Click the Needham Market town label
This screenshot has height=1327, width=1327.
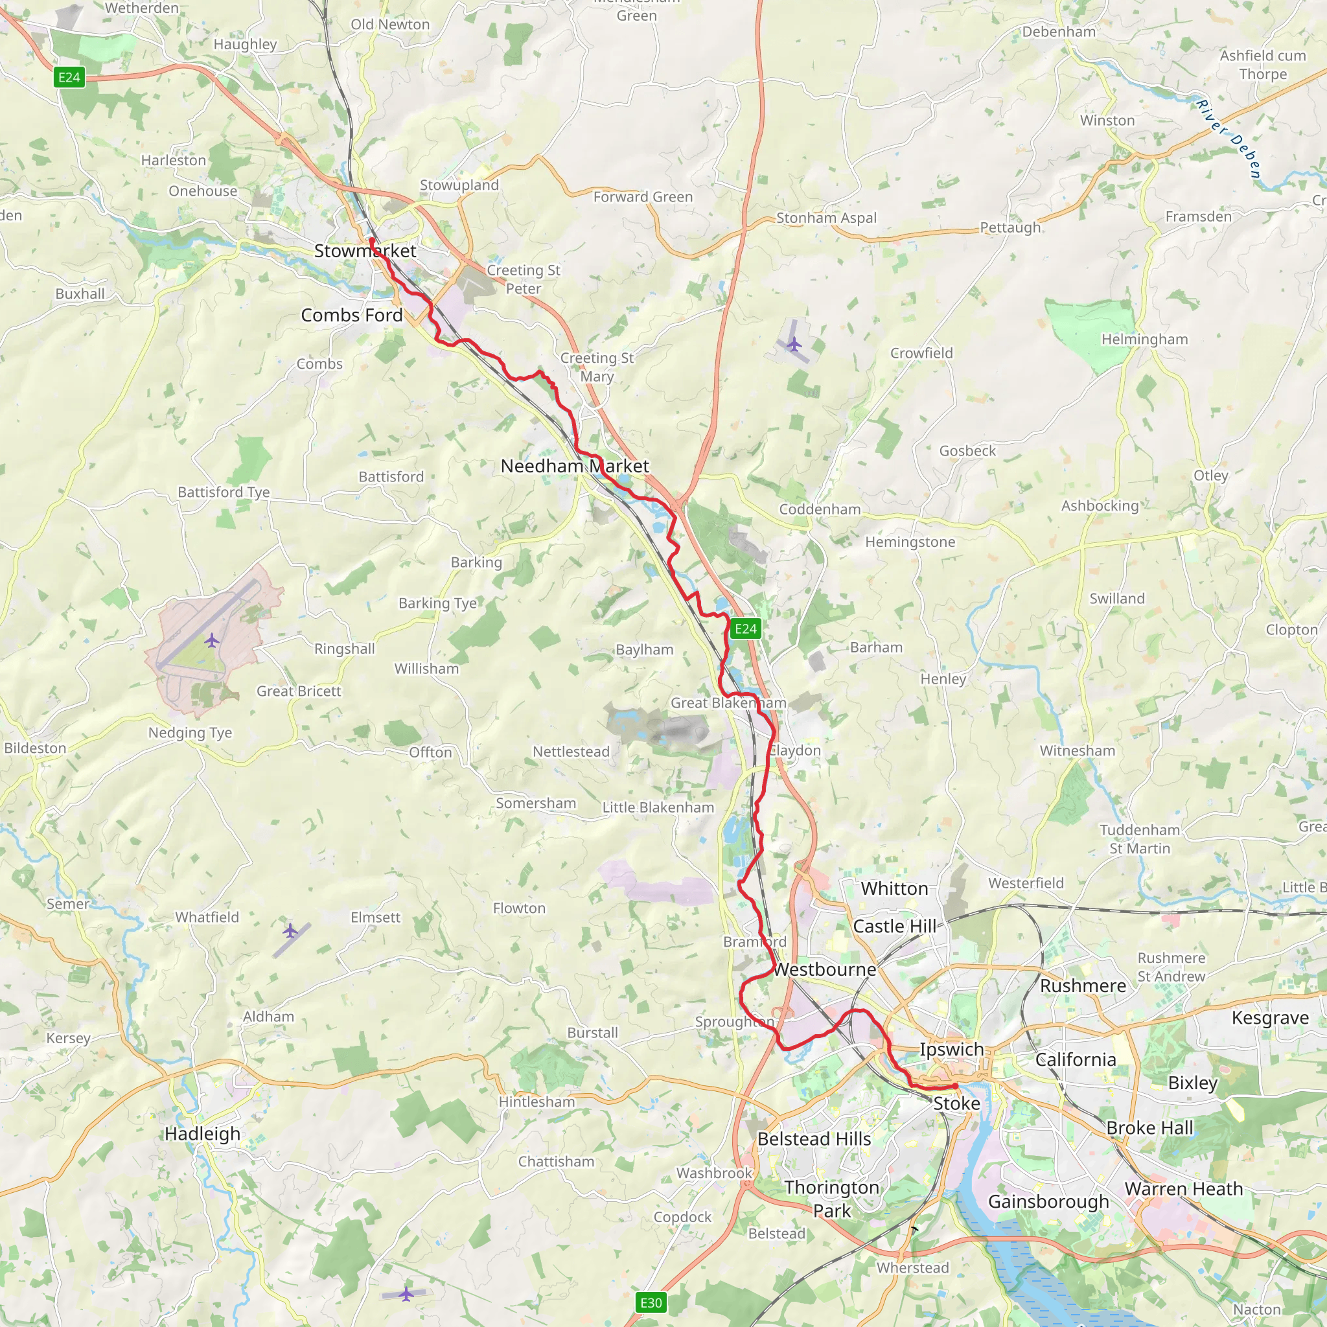pyautogui.click(x=574, y=466)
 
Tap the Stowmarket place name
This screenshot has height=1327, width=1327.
pyautogui.click(x=365, y=251)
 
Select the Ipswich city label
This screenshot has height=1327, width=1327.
pyautogui.click(x=951, y=1049)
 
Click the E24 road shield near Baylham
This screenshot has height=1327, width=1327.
pyautogui.click(x=745, y=629)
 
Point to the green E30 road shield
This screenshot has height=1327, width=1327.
pyautogui.click(x=651, y=1303)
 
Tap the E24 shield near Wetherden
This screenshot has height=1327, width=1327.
pyautogui.click(x=69, y=77)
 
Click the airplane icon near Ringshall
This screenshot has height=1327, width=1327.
pyautogui.click(x=211, y=641)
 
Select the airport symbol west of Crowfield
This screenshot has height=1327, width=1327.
pyautogui.click(x=794, y=343)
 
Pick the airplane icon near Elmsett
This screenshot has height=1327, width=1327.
pyautogui.click(x=290, y=931)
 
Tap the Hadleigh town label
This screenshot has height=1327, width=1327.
pyautogui.click(x=203, y=1134)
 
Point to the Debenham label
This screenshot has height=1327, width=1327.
pyautogui.click(x=1059, y=32)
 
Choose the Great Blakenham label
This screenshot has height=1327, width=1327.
pyautogui.click(x=728, y=702)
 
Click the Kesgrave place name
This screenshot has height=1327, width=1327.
pyautogui.click(x=1270, y=1017)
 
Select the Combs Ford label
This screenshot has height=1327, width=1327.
pyautogui.click(x=352, y=316)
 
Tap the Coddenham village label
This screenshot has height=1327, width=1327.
pyautogui.click(x=820, y=509)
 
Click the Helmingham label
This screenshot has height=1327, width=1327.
pyautogui.click(x=1144, y=340)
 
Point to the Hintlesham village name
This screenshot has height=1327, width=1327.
pyautogui.click(x=537, y=1102)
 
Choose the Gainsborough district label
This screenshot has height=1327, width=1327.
pyautogui.click(x=1048, y=1201)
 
